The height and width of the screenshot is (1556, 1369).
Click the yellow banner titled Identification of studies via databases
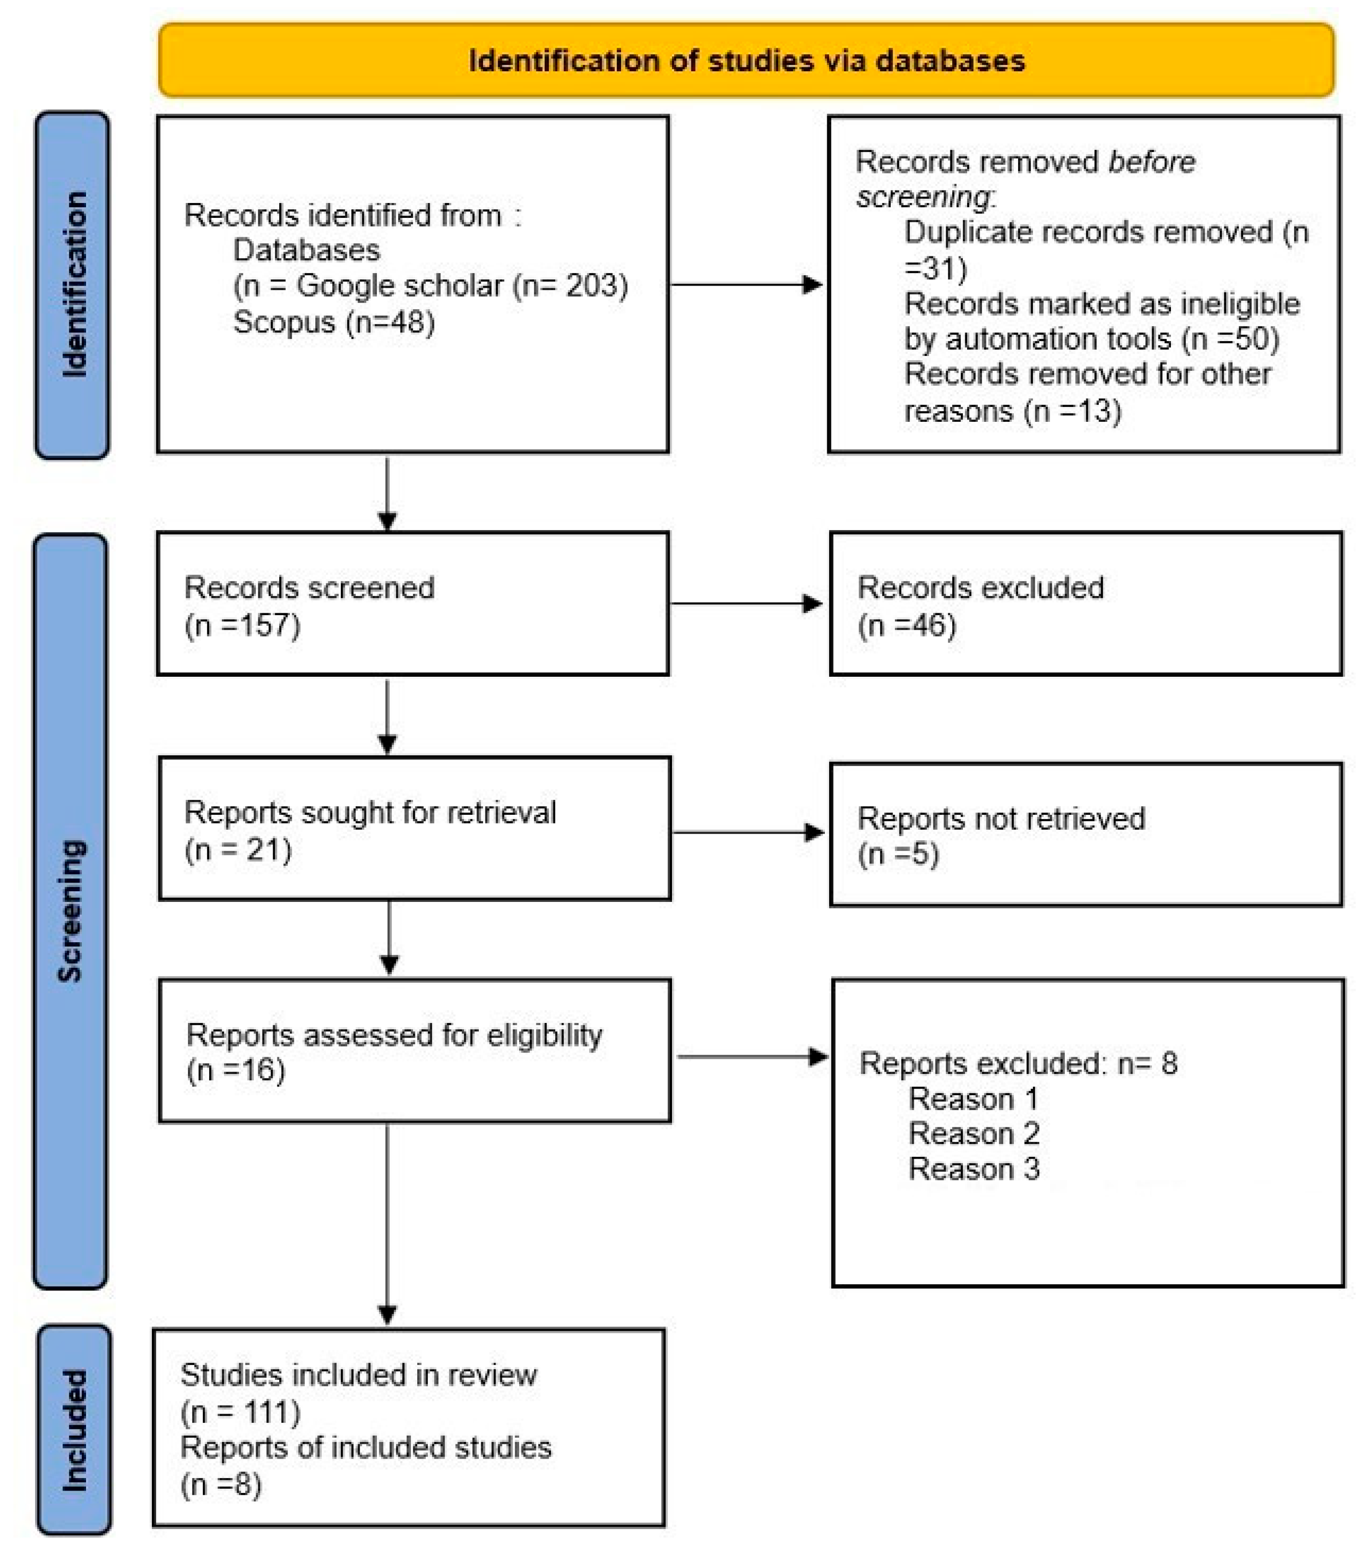[745, 60]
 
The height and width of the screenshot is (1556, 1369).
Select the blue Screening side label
[70, 911]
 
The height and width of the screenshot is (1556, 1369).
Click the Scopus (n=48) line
[333, 322]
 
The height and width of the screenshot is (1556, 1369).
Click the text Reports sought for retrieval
[370, 812]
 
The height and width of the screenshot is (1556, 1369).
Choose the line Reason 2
[973, 1134]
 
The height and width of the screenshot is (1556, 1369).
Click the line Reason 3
[973, 1168]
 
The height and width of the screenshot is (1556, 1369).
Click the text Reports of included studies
[365, 1447]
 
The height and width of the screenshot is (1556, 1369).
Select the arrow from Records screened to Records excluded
[746, 604]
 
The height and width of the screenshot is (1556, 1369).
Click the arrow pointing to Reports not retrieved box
[748, 832]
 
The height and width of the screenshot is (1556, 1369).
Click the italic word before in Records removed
[1151, 162]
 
